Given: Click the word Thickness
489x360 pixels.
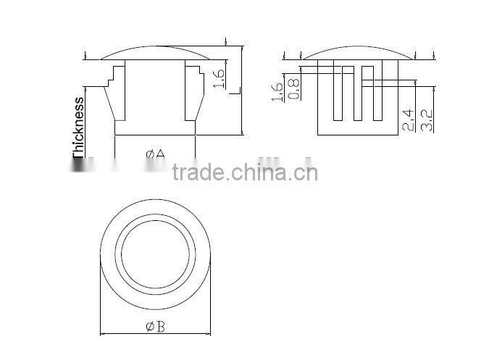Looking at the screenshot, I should [x=78, y=127].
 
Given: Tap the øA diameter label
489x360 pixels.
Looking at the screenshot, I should [x=155, y=154].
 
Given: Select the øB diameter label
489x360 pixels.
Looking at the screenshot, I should [x=155, y=327].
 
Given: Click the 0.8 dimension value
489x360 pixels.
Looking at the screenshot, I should [x=293, y=88].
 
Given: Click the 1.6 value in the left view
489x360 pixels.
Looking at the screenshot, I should [x=220, y=75].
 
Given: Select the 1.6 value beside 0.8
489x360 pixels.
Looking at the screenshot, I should [x=276, y=92].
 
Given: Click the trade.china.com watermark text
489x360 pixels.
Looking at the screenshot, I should [x=245, y=173].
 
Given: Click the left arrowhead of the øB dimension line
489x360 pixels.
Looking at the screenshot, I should [x=101, y=334].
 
